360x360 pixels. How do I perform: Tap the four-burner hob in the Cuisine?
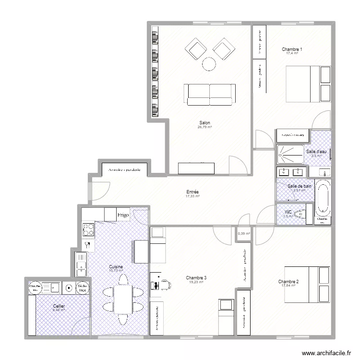point(88,229)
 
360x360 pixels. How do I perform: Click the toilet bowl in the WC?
point(302,215)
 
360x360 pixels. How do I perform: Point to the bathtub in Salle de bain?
point(323,198)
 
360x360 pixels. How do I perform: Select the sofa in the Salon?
point(210,94)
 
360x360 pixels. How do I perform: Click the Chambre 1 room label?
point(292,49)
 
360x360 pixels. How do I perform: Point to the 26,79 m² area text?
point(204,127)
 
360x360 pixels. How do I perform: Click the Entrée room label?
point(192,192)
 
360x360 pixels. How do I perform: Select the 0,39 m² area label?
point(244,234)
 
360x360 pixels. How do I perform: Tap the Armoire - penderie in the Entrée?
point(124,170)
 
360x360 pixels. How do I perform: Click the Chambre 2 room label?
point(288,281)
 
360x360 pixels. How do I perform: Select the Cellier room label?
point(59,306)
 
